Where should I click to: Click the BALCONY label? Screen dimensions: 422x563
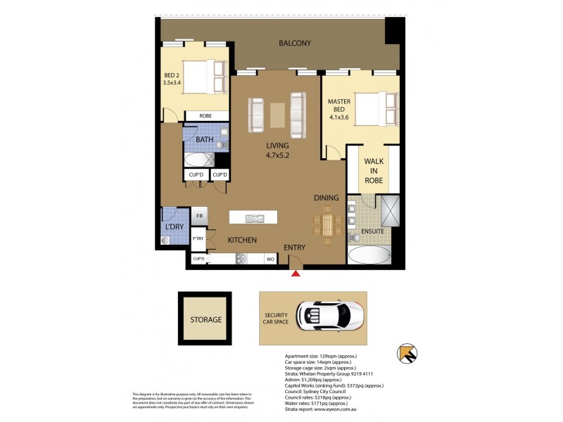click(x=294, y=44)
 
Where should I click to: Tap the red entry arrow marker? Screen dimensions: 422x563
click(x=297, y=273)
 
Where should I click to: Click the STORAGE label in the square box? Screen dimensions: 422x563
click(x=205, y=320)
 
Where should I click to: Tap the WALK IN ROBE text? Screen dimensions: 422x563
click(x=373, y=171)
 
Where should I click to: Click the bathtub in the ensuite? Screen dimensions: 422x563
click(x=369, y=255)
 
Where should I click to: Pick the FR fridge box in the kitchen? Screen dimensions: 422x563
click(x=199, y=217)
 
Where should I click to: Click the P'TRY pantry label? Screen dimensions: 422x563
click(x=198, y=240)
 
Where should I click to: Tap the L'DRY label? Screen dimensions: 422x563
click(x=173, y=228)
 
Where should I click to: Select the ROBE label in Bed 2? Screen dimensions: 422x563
click(x=205, y=116)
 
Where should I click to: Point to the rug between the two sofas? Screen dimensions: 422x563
click(x=277, y=115)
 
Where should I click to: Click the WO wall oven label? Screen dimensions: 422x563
click(x=269, y=260)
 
